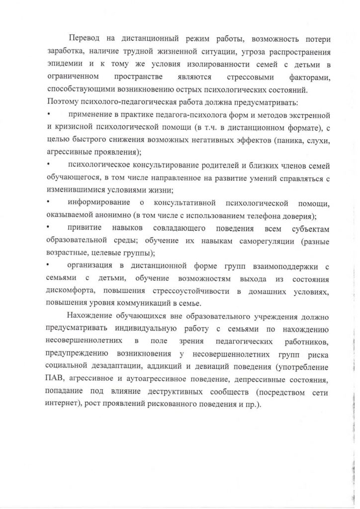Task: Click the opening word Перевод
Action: [x=85, y=38]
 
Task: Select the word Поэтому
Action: [x=63, y=102]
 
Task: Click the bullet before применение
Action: [x=48, y=115]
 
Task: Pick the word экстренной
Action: [x=308, y=115]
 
